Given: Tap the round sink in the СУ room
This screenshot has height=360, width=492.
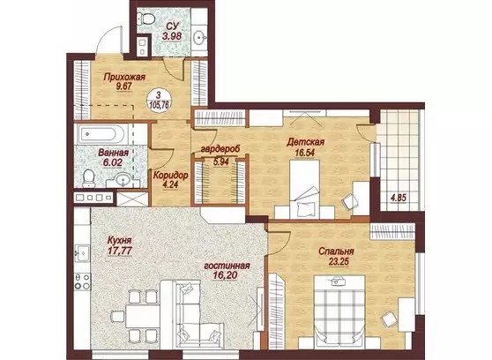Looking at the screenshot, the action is pyautogui.click(x=199, y=38).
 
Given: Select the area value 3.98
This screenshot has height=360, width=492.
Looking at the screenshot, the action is pyautogui.click(x=172, y=36).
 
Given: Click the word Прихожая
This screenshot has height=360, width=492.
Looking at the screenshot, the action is pyautogui.click(x=124, y=77).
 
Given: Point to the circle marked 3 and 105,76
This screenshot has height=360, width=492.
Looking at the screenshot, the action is pyautogui.click(x=159, y=100).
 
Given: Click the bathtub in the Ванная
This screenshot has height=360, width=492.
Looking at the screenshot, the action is pyautogui.click(x=101, y=133).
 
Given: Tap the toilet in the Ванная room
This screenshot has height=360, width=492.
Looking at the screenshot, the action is pyautogui.click(x=88, y=178).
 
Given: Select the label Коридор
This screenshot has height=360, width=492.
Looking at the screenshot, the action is pyautogui.click(x=170, y=176).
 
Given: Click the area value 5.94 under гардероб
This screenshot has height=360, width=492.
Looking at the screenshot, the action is pyautogui.click(x=221, y=161).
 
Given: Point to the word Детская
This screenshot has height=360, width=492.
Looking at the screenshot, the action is pyautogui.click(x=305, y=142).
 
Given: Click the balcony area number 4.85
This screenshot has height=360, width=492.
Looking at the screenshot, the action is pyautogui.click(x=398, y=198).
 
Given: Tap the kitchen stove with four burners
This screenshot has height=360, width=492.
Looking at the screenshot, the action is pyautogui.click(x=82, y=281).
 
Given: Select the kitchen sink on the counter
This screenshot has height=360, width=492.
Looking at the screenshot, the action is pyautogui.click(x=82, y=253).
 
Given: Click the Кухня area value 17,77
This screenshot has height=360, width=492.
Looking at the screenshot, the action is pyautogui.click(x=119, y=251).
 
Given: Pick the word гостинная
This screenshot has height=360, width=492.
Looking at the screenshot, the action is pyautogui.click(x=227, y=266).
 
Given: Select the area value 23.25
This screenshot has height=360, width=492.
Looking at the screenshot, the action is pyautogui.click(x=339, y=261).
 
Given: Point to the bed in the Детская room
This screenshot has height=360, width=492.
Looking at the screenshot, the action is pyautogui.click(x=304, y=189).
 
